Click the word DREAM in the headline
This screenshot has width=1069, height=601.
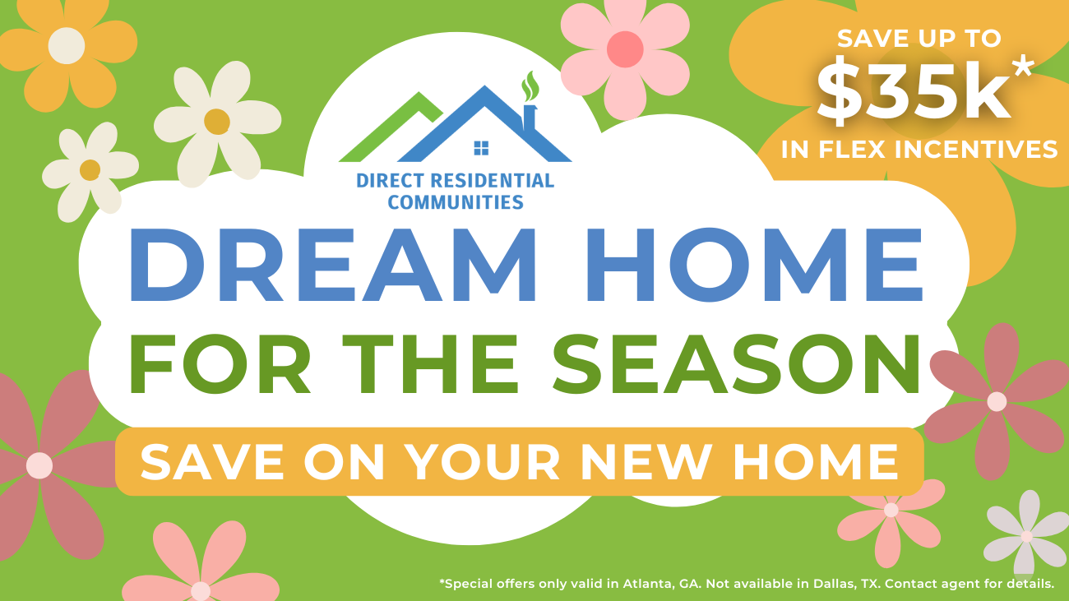(x=333, y=265)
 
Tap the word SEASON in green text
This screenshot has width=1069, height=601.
(x=736, y=364)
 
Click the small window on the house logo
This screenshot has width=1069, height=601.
(x=481, y=148)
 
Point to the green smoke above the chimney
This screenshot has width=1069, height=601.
(x=530, y=86)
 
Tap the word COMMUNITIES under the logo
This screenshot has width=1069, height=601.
(x=456, y=202)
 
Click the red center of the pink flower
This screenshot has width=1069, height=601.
(x=625, y=49)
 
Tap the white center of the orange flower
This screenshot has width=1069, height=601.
(x=67, y=46)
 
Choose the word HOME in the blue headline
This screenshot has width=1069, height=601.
(x=755, y=265)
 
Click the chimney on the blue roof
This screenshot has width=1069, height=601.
(x=530, y=118)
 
